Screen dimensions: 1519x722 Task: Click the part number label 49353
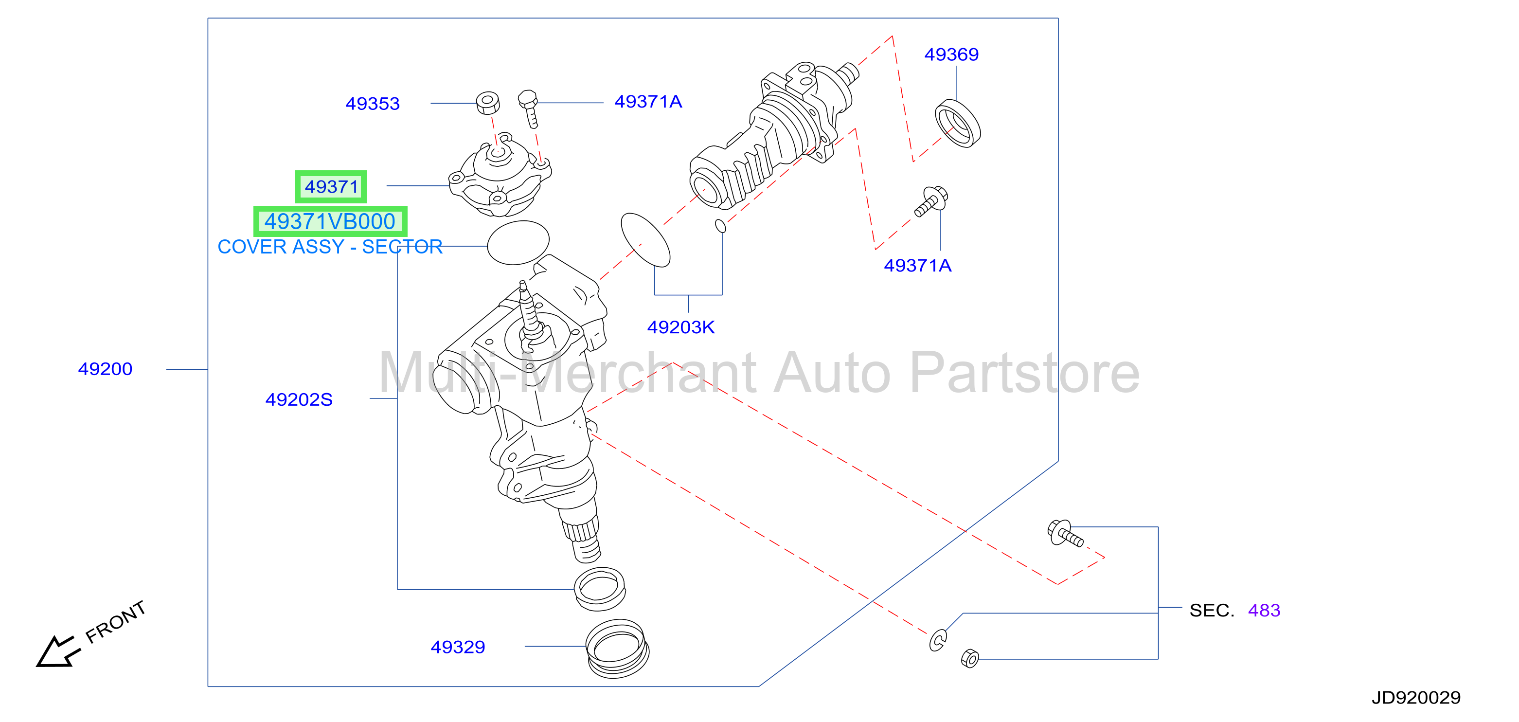[x=372, y=104]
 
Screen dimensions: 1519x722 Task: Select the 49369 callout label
[x=951, y=54]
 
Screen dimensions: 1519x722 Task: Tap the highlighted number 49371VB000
[x=330, y=222]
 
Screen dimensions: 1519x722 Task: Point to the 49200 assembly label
[x=105, y=369]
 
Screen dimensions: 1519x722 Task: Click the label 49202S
[x=299, y=399]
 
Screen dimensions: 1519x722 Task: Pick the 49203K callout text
[x=681, y=327]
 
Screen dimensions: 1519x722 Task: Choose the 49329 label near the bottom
[x=458, y=647]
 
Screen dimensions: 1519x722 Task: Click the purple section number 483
[x=1264, y=610]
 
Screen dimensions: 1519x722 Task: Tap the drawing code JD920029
[x=1416, y=698]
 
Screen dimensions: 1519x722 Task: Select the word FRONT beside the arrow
[x=116, y=622]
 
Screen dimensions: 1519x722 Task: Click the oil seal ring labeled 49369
[x=958, y=123]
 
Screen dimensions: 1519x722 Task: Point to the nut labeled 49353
[x=488, y=103]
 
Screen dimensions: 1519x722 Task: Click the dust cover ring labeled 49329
[x=617, y=649]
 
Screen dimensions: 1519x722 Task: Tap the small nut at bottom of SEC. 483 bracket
[x=970, y=658]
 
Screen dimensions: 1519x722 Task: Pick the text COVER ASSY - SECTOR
[x=330, y=247]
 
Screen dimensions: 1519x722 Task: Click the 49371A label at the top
[x=648, y=102]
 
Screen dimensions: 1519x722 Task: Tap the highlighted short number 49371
[x=331, y=187]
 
